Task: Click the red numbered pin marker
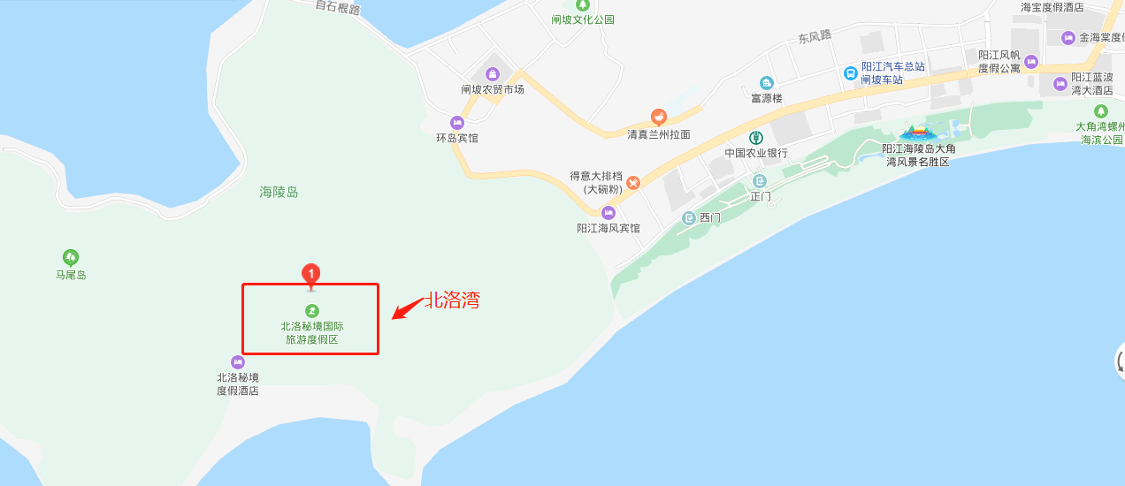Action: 310,274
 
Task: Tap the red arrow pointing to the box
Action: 408,308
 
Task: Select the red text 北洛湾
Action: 453,300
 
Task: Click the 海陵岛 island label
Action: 279,192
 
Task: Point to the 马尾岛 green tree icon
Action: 71,257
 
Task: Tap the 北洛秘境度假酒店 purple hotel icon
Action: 237,361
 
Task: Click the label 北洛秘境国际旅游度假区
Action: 310,332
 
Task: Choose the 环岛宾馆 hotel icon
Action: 457,123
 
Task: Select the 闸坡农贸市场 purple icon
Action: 493,73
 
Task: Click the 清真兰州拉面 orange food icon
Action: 658,117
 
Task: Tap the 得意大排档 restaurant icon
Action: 633,183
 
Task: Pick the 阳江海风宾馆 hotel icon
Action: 608,213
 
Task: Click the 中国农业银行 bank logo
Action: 756,137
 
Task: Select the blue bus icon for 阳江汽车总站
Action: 849,73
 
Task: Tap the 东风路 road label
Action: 815,37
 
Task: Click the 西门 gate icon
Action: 689,218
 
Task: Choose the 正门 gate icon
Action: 759,180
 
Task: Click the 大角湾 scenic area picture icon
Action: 920,133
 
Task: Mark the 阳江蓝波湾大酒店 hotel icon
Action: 1060,84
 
